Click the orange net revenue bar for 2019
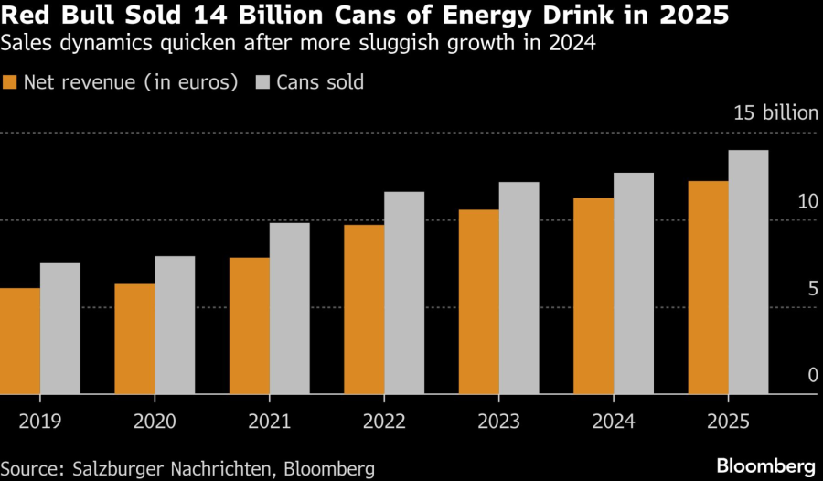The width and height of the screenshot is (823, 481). pos(20,341)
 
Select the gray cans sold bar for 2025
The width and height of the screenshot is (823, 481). pos(748,273)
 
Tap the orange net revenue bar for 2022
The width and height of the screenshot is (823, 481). pos(364,310)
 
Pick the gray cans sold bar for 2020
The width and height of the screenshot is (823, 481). pos(175,325)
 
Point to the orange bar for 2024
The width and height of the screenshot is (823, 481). pos(593,296)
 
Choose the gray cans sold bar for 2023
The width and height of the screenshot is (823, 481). pos(518,288)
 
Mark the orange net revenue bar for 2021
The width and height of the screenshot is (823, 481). pos(250,326)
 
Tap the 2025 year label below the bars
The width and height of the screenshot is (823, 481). pos(728,422)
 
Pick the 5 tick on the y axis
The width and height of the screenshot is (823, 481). pos(810,288)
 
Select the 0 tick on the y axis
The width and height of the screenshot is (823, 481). pos(810,375)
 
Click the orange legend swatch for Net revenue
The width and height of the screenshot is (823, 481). pos(12,82)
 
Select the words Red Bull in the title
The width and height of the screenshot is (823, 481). pos(50,17)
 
